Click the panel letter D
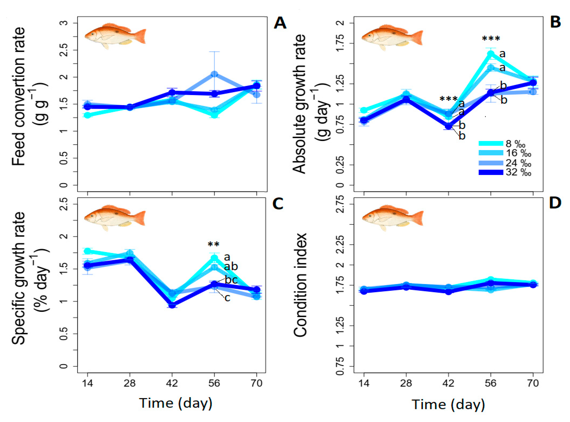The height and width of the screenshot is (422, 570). pyautogui.click(x=555, y=203)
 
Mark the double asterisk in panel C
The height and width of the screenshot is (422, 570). pyautogui.click(x=213, y=244)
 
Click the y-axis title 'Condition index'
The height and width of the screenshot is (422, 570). pyautogui.click(x=300, y=285)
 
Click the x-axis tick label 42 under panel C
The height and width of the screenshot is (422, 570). pyautogui.click(x=172, y=383)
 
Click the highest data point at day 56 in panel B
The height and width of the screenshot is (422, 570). pyautogui.click(x=491, y=53)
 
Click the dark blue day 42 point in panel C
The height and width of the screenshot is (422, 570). pyautogui.click(x=172, y=305)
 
